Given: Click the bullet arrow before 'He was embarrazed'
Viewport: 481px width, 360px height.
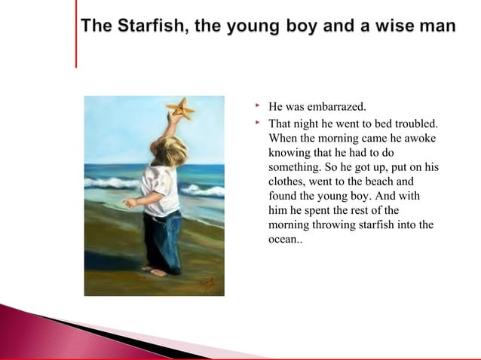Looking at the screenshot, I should pos(258,106).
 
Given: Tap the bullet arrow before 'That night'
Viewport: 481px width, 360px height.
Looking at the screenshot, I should pos(258,121).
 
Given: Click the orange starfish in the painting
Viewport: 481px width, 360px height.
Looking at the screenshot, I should pos(181,110).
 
